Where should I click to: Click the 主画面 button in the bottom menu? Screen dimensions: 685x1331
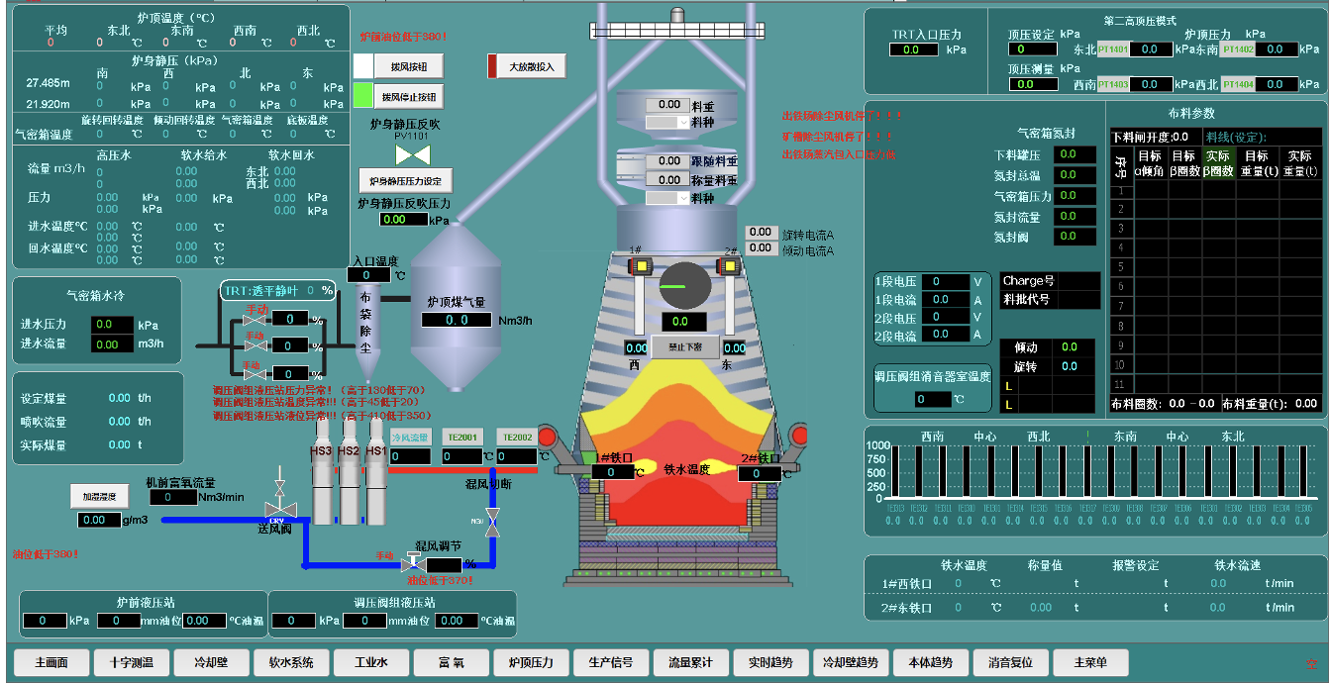(51, 662)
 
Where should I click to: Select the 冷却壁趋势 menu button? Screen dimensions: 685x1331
(851, 662)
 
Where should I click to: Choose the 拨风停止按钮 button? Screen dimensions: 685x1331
(409, 97)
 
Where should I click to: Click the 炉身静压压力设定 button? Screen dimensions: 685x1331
(405, 181)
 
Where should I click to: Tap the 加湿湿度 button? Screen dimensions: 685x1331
(99, 495)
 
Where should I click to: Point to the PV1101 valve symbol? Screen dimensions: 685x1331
(412, 155)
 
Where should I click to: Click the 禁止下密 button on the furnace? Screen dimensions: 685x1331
(684, 347)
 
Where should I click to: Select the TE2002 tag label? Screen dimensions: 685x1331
(517, 437)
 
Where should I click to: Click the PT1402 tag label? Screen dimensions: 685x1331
(1238, 49)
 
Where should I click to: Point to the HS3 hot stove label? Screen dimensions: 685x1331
(321, 451)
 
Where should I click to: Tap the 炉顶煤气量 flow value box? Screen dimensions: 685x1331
(458, 320)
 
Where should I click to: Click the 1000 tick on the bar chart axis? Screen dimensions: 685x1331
(876, 446)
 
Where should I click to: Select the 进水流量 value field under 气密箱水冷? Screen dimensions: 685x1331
(112, 344)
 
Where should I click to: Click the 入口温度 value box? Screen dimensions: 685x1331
(370, 275)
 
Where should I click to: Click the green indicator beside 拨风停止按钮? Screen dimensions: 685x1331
(363, 95)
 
